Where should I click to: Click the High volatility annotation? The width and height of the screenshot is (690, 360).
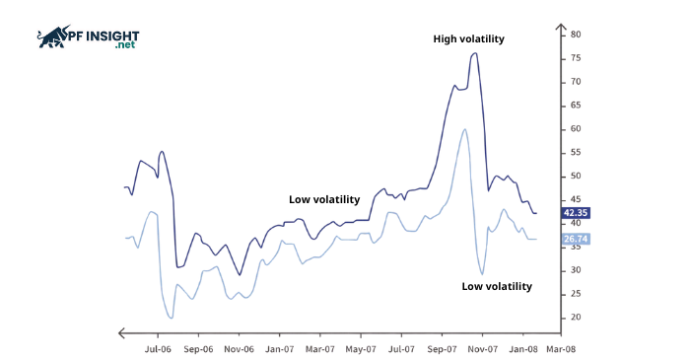468,39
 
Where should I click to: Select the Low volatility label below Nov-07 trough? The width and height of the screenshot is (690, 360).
497,286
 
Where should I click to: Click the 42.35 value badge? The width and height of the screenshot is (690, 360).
575,212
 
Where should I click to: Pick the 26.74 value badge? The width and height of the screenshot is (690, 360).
575,239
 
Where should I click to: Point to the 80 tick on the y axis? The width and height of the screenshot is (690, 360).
575,35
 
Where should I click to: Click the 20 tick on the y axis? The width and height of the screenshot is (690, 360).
575,318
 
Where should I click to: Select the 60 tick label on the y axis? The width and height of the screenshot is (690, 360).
575,129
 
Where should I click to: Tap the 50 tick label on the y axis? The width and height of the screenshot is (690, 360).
575,177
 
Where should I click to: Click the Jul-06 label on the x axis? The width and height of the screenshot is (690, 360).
158,348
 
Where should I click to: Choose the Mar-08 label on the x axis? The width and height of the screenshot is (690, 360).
562,348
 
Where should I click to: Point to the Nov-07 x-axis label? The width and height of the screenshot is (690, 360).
481,348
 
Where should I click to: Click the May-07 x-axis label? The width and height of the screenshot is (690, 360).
361,348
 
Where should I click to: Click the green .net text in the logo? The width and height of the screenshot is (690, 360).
125,45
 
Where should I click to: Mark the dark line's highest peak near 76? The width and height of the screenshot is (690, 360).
475,53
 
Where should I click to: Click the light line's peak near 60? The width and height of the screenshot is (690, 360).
464,129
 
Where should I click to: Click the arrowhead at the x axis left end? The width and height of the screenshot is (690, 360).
121,332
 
